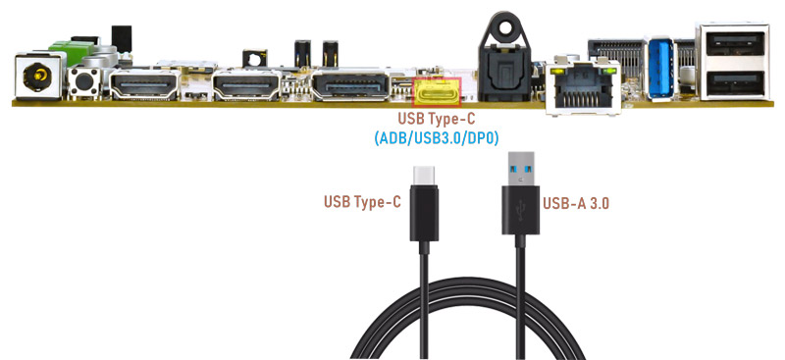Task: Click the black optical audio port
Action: click(x=505, y=70)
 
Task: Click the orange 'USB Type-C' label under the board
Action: click(x=436, y=119)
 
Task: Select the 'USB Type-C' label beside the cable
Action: click(x=362, y=202)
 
